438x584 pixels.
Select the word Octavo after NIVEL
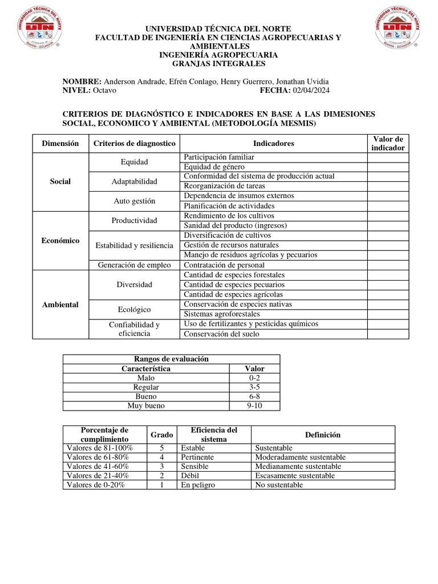[x=104, y=91]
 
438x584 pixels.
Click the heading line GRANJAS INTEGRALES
[x=218, y=64]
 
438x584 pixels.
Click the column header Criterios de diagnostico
[x=134, y=144]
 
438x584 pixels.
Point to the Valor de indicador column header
[x=387, y=144]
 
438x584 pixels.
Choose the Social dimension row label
[x=60, y=181]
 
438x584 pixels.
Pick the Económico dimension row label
[x=60, y=241]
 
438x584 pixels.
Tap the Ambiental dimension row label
[x=60, y=305]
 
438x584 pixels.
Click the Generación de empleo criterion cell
[x=134, y=265]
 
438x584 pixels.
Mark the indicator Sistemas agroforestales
[x=222, y=314]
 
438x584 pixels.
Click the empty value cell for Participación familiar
[x=387, y=157]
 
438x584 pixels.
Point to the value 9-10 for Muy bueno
[x=254, y=406]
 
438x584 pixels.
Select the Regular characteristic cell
[x=146, y=387]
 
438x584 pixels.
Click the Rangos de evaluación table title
[x=171, y=359]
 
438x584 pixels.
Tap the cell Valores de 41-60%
[x=98, y=466]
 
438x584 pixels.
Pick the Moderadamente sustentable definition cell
[x=300, y=457]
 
